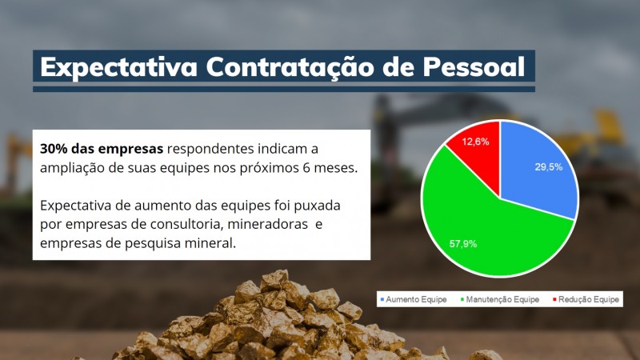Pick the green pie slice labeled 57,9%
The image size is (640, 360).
click(480, 224)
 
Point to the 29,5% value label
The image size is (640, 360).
click(550, 167)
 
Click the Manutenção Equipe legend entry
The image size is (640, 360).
click(500, 299)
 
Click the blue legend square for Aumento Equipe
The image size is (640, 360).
click(382, 299)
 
